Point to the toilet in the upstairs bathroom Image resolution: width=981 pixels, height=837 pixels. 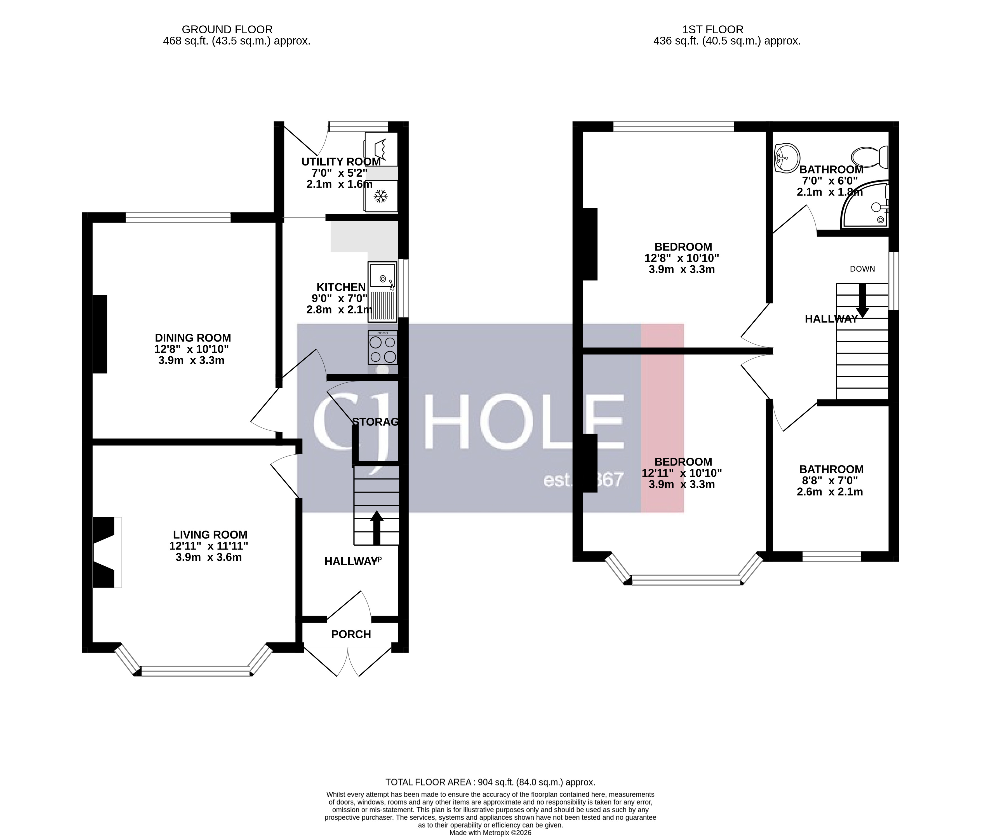point(870,156)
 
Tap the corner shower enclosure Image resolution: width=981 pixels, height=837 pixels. point(867,206)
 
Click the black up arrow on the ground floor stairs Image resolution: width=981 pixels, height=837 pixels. point(377,527)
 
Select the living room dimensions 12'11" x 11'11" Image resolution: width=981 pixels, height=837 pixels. point(209,546)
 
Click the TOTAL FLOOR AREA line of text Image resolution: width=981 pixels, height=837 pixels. point(490,782)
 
